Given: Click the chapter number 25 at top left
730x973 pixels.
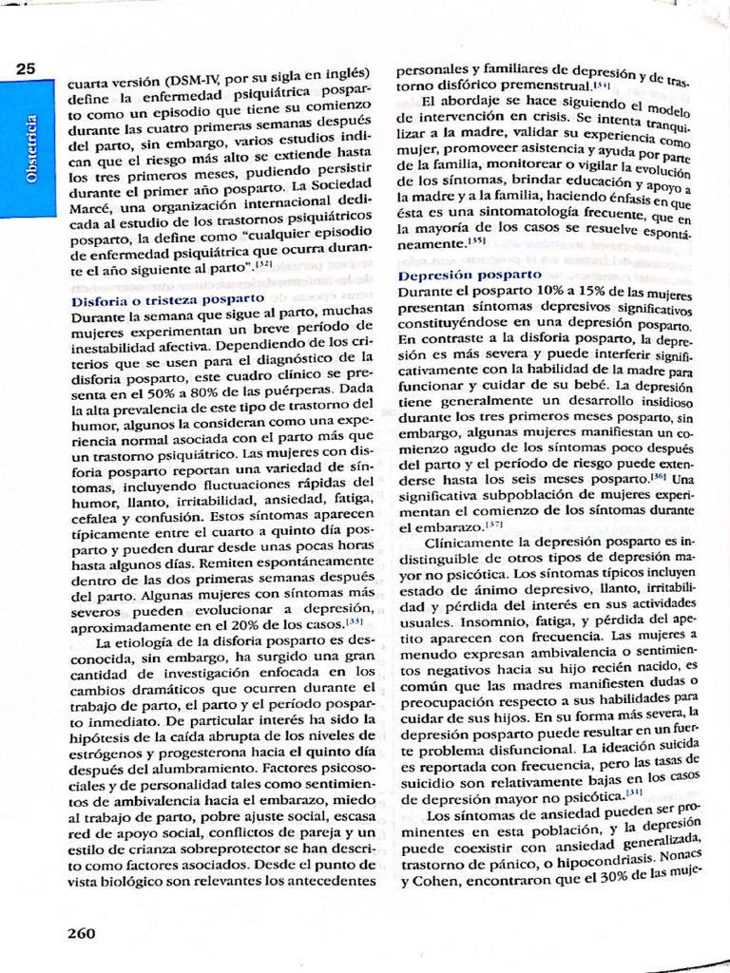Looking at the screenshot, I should click(x=25, y=68).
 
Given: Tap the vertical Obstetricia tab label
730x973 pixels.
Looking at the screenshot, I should click(x=30, y=149).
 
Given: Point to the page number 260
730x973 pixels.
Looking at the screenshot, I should click(x=81, y=932).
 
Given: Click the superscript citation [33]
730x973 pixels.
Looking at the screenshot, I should click(x=355, y=622).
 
